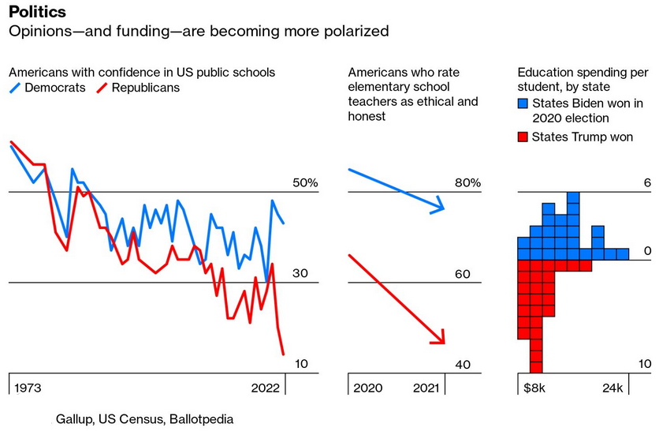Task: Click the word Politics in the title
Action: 37,13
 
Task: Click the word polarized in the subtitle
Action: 352,32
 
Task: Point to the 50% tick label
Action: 305,183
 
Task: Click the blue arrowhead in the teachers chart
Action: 440,208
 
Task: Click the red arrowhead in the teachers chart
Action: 440,340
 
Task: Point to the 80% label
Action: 467,183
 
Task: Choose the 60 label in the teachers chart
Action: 463,274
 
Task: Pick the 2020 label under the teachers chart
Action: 368,388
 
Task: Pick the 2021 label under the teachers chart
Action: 426,388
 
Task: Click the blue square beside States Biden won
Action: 522,103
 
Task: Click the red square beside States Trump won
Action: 522,137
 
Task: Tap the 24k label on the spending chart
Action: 612,388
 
